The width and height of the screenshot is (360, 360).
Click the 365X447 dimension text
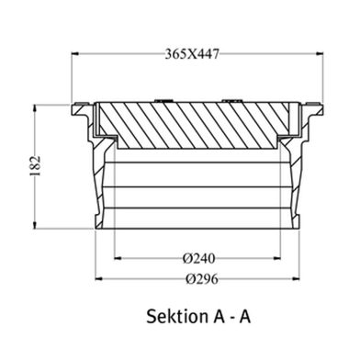[192, 54]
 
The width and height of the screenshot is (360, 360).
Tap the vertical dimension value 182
[35, 166]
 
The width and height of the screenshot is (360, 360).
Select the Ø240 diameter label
[199, 259]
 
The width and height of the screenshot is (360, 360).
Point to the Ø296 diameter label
[202, 279]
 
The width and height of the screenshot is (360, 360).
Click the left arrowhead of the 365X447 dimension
[75, 54]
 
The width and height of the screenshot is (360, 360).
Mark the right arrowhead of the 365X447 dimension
[320, 54]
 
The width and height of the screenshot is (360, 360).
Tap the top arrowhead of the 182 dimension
[35, 108]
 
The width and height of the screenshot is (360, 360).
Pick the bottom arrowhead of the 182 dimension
[35, 225]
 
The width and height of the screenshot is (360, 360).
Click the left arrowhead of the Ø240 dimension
[118, 258]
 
